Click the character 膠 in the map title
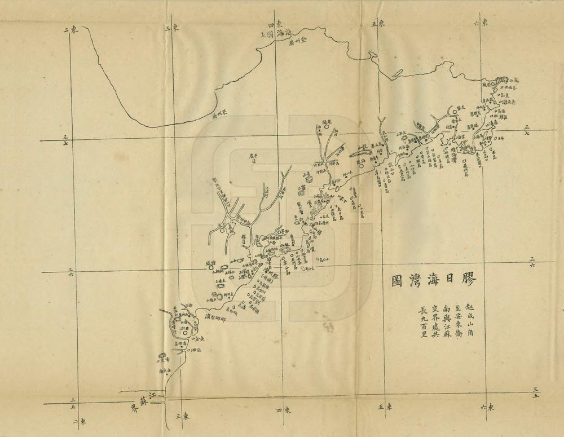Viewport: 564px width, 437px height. (468, 280)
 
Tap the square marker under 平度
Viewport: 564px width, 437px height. (253, 161)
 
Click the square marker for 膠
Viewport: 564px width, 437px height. (244, 239)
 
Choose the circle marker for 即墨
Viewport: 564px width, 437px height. (279, 231)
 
